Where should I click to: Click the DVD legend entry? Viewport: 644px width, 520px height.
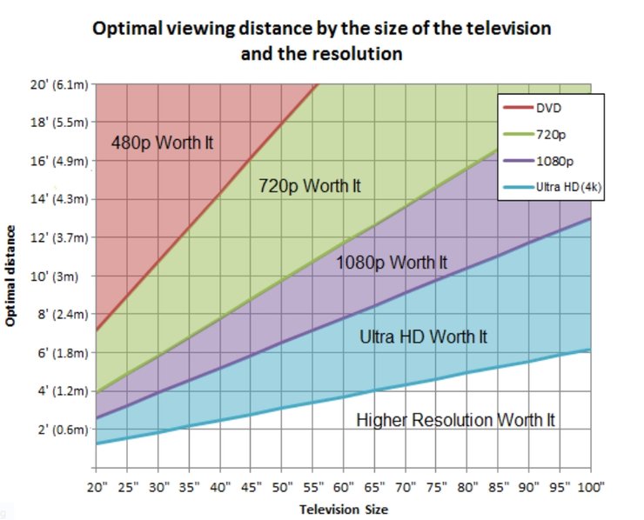tap(548, 108)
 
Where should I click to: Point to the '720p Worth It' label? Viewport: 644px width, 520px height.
tap(310, 186)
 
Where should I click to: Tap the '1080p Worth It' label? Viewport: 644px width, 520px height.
tap(392, 262)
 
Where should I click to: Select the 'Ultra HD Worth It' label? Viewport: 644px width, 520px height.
tap(424, 337)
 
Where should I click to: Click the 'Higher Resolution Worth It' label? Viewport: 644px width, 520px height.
tap(456, 420)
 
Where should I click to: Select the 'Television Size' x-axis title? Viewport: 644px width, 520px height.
tap(344, 509)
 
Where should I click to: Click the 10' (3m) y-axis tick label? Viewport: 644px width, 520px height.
tap(62, 277)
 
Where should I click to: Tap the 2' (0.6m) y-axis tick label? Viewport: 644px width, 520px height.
tap(57, 430)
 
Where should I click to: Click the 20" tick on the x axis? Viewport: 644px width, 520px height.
tap(97, 487)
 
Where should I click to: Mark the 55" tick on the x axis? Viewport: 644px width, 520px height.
tap(313, 487)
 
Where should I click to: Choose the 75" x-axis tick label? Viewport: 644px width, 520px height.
tap(437, 487)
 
